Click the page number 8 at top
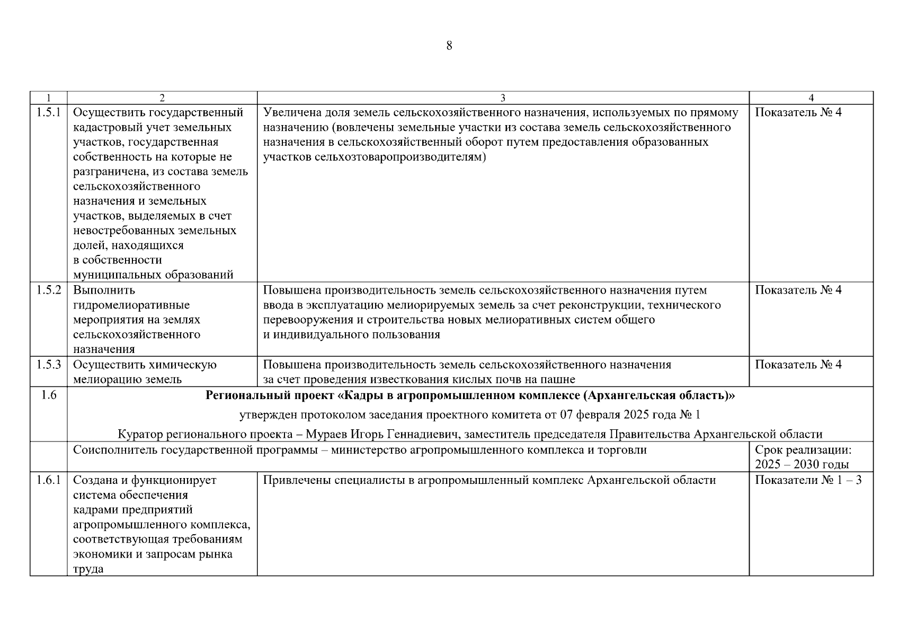pyautogui.click(x=449, y=46)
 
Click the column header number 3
pyautogui.click(x=503, y=98)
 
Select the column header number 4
pyautogui.click(x=811, y=98)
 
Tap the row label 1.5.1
pyautogui.click(x=48, y=112)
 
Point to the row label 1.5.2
pyautogui.click(x=48, y=290)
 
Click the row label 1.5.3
pyautogui.click(x=48, y=365)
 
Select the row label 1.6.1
pyautogui.click(x=48, y=480)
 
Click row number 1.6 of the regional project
pyautogui.click(x=48, y=395)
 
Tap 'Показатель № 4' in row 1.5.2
pyautogui.click(x=798, y=290)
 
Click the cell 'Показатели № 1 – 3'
pyautogui.click(x=808, y=480)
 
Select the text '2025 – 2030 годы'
pyautogui.click(x=802, y=465)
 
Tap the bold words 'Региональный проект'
pyautogui.click(x=270, y=395)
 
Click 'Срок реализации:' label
pyautogui.click(x=803, y=450)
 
